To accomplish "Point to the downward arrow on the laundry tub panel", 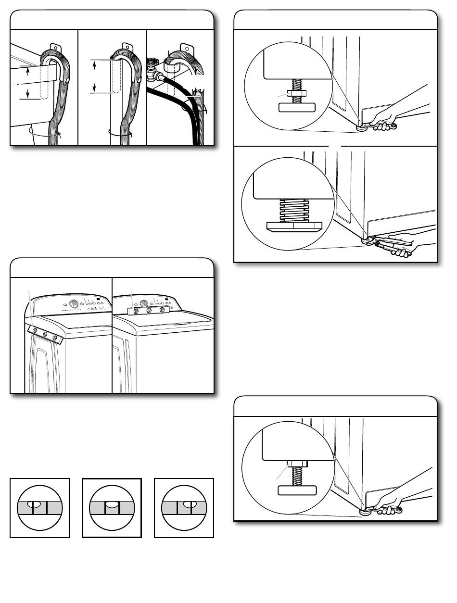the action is coord(27,92).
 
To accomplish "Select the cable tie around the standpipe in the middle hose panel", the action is coord(118,131).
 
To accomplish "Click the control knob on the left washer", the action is coord(74,303).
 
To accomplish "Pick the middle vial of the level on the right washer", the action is coord(149,311).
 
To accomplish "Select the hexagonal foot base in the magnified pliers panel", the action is coord(293,226).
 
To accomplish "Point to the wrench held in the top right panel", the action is coord(380,126).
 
